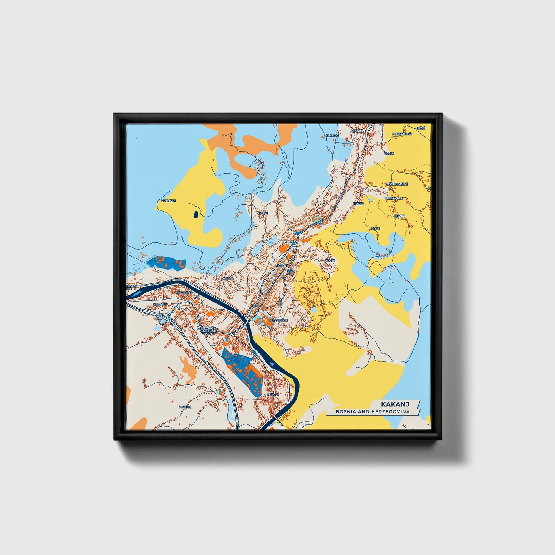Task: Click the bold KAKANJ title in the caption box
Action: [x=395, y=404]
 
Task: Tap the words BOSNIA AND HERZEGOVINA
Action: [x=373, y=411]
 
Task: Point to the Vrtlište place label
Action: [x=168, y=200]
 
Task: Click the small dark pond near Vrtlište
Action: [x=196, y=215]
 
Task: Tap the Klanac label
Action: [x=332, y=135]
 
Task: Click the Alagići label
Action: [x=356, y=131]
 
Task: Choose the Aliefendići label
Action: [x=401, y=134]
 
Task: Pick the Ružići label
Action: [x=421, y=128]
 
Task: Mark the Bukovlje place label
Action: [x=394, y=198]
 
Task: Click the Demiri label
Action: [x=399, y=216]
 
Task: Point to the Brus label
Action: [x=375, y=229]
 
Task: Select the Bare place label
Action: [x=330, y=260]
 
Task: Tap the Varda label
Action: [x=227, y=277]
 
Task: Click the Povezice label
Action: [x=184, y=293]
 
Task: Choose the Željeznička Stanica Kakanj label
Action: [x=207, y=331]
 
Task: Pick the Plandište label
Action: [x=279, y=320]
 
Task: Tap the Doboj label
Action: [x=273, y=394]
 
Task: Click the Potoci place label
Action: [x=185, y=407]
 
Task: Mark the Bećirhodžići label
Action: [x=397, y=184]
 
